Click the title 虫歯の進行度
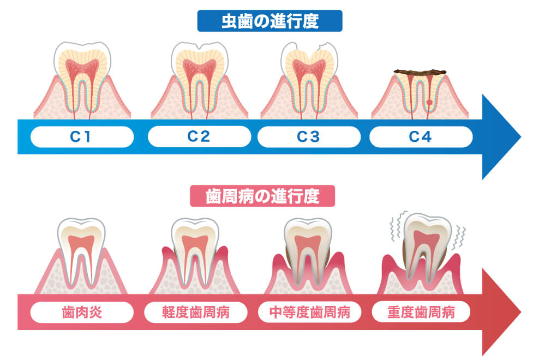point(269,21)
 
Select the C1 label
point(82,137)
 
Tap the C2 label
point(199,137)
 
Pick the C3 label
point(308,137)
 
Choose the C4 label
point(421,137)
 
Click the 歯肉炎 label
point(82,313)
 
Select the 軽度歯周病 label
point(195,313)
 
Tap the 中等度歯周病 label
point(308,313)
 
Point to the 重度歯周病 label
point(421,313)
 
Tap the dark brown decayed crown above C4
point(420,72)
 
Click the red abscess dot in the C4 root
point(429,102)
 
